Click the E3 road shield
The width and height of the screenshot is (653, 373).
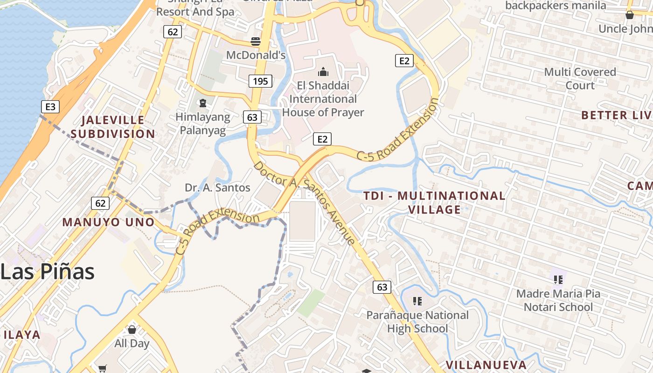pos(50,107)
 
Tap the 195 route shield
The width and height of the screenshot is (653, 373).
pos(260,81)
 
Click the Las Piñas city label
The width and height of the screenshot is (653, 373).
pos(48,271)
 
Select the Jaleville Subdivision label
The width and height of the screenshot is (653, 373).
pos(113,127)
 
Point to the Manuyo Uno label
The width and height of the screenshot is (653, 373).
pos(108,222)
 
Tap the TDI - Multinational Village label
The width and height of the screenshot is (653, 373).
pos(434,202)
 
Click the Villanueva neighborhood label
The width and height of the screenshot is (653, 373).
pos(486,365)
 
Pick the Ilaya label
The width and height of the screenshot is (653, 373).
pos(22,335)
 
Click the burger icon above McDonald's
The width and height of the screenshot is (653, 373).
pos(255,41)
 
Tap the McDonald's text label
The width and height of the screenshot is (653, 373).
pos(256,55)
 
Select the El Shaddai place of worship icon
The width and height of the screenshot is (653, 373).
pos(323,72)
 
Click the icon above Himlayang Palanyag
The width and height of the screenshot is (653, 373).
pos(203,103)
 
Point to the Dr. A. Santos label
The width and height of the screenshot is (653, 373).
pos(217,188)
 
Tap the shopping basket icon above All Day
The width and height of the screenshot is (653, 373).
pos(132,330)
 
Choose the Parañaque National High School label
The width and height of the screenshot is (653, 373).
pos(417,322)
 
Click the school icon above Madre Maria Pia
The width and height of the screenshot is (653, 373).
pos(558,280)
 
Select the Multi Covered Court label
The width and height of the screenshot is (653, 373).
pos(580,78)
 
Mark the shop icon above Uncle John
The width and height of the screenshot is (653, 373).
pos(629,15)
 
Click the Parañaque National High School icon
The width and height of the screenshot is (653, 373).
pos(417,301)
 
